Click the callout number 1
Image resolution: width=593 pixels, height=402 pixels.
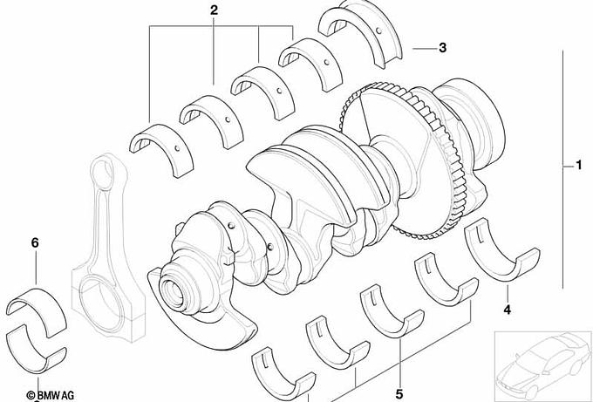[578, 166]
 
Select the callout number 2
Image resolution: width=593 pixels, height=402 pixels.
[214, 10]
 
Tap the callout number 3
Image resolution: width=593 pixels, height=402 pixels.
[442, 48]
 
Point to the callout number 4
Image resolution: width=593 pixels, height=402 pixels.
[507, 310]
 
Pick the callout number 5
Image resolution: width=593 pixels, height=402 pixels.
[399, 394]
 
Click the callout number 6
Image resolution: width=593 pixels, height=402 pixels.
[35, 242]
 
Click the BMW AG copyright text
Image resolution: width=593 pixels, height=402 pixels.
[50, 396]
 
